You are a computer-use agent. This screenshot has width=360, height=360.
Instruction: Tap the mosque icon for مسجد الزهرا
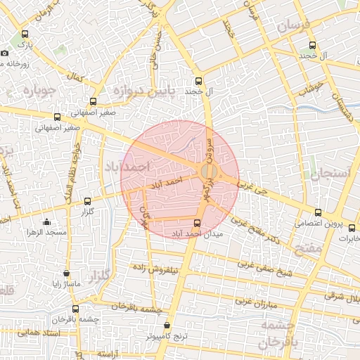47,222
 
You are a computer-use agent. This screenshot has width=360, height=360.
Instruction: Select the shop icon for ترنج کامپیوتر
167,326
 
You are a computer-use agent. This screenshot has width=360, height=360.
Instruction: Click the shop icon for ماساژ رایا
67,274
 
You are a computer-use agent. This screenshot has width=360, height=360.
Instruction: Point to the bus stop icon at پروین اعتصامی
318,212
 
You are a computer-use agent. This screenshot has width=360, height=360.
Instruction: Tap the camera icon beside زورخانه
5,53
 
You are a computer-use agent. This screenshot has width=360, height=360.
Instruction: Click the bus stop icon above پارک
25,34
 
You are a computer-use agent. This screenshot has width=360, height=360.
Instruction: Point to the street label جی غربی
254,188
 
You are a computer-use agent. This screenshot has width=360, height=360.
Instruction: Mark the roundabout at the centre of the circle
209,172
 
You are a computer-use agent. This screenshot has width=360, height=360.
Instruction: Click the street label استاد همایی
24,331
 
